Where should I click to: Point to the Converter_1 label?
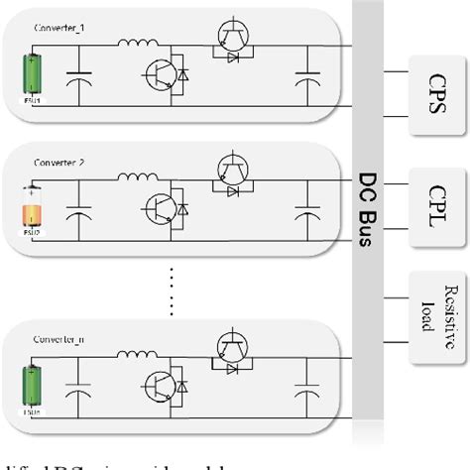[59, 32]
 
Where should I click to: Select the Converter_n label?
[59, 338]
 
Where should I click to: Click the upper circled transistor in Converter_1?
[232, 35]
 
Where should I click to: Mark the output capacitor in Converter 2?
[301, 213]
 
